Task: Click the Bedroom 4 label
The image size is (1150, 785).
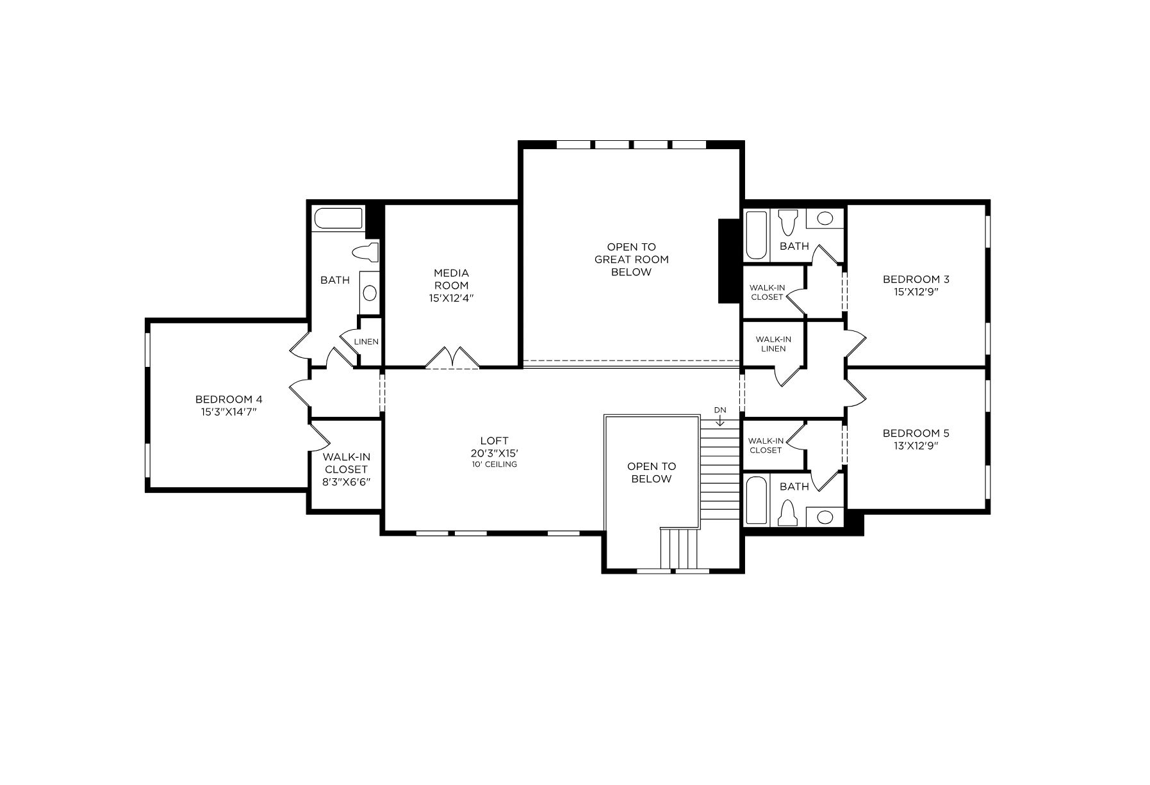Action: (229, 400)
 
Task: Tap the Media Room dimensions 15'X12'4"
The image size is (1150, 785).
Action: (451, 298)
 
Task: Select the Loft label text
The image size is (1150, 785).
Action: (494, 441)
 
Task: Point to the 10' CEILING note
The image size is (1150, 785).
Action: (494, 464)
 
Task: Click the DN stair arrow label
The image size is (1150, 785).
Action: (721, 410)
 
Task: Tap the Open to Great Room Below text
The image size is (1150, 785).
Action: (631, 259)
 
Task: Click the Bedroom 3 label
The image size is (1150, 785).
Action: (916, 279)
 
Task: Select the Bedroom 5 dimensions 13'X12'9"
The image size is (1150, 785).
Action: (916, 446)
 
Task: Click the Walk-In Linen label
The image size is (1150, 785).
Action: (773, 344)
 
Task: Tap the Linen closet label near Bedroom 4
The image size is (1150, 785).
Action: (366, 341)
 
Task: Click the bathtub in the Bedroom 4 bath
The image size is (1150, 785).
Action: (338, 218)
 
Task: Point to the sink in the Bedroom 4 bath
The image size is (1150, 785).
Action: (369, 293)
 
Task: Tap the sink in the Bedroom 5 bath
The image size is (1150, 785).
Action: (825, 517)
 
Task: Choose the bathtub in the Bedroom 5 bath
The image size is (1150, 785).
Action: (757, 500)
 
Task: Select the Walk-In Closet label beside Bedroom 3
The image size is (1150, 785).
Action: (767, 292)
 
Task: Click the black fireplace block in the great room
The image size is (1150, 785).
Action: (729, 261)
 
